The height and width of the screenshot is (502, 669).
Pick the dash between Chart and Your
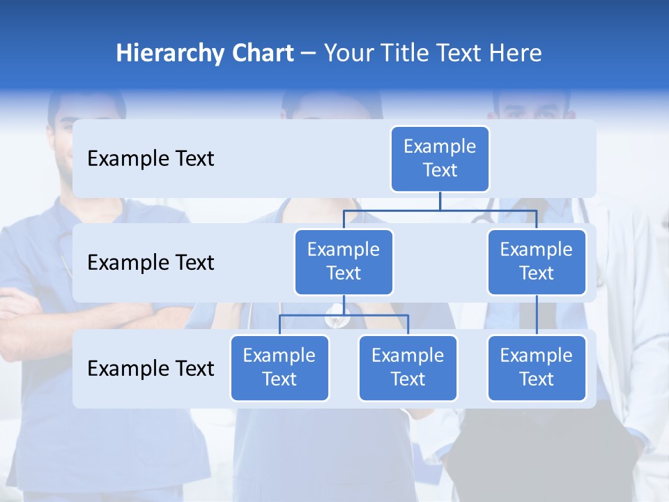point(308,54)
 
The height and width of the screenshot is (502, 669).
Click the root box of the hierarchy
point(440,158)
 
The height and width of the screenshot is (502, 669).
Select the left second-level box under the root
point(344,261)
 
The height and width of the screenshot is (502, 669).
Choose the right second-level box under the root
point(536,261)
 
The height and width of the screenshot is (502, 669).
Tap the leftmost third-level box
point(279,367)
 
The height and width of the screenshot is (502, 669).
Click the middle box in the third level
point(408,367)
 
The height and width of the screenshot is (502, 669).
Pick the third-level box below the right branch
point(536,367)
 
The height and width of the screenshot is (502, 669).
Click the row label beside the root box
point(151,158)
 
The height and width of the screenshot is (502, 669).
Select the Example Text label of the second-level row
point(151,262)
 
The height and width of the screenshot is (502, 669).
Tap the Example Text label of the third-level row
point(151,368)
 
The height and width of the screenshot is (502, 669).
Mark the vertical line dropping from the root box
point(440,201)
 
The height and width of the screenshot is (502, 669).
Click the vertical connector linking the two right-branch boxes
point(537,315)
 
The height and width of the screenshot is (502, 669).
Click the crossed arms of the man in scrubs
point(28,307)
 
